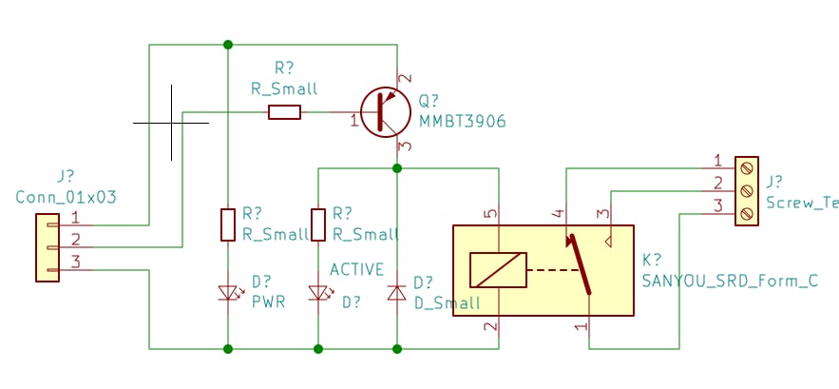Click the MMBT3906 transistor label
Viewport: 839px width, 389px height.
point(462,122)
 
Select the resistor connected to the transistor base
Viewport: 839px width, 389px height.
point(284,112)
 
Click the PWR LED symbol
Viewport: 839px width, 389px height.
point(228,293)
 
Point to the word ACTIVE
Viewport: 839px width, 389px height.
point(356,269)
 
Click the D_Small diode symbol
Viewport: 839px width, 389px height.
point(396,293)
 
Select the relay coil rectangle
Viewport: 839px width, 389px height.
point(498,270)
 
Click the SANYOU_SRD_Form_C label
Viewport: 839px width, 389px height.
point(730,281)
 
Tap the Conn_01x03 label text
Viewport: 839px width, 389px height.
point(66,197)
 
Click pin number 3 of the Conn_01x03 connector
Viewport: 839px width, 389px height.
point(76,263)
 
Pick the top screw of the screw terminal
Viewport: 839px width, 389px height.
point(747,167)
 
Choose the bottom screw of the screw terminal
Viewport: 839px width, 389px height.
point(747,214)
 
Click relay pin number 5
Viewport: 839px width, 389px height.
point(491,214)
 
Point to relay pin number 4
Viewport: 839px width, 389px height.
point(558,214)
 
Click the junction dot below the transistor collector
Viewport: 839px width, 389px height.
point(396,168)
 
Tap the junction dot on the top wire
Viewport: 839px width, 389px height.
point(228,45)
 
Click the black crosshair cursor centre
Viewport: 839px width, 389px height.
point(171,123)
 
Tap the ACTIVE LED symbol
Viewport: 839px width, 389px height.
point(318,293)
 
